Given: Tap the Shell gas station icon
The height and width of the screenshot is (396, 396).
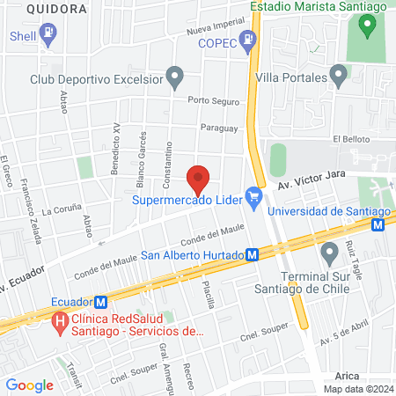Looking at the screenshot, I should pyautogui.click(x=48, y=35).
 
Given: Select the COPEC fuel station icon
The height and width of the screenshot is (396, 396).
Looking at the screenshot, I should pyautogui.click(x=249, y=40).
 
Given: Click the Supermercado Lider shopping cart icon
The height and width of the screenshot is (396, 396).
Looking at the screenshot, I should pyautogui.click(x=255, y=197).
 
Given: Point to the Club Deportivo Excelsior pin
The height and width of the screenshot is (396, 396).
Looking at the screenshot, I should pyautogui.click(x=175, y=77).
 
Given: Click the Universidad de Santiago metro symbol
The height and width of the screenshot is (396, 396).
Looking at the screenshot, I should pyautogui.click(x=378, y=224).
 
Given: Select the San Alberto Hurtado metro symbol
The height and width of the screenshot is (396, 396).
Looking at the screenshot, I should pyautogui.click(x=252, y=254).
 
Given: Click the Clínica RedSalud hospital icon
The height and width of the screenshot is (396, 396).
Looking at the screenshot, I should pyautogui.click(x=60, y=322).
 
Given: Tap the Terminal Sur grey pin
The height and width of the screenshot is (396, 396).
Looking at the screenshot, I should pyautogui.click(x=330, y=254).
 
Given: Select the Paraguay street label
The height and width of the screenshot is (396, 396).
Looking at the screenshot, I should pyautogui.click(x=220, y=128).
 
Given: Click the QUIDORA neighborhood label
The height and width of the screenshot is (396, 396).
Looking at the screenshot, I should pyautogui.click(x=56, y=8).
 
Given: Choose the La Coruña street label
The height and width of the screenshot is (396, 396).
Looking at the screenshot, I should pyautogui.click(x=60, y=212).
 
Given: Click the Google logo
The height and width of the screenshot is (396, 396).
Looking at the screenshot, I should pyautogui.click(x=29, y=385).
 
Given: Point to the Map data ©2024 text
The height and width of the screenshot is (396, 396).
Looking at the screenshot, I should pyautogui.click(x=356, y=389).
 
